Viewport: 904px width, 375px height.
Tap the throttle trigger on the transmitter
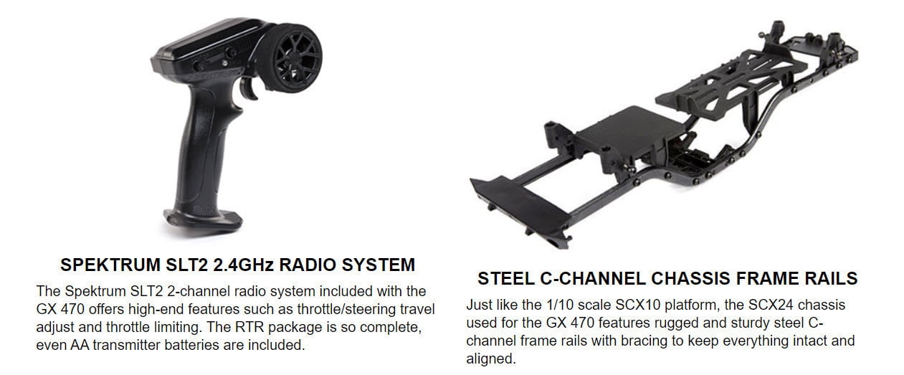pos(249,88)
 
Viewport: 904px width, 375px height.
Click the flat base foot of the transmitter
pos(203,222)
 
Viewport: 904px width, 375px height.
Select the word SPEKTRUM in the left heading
pos(110,265)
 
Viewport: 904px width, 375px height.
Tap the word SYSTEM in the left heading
pos(378,265)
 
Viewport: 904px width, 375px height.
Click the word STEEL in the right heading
pos(506,279)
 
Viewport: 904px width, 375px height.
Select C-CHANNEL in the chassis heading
pos(593,279)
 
